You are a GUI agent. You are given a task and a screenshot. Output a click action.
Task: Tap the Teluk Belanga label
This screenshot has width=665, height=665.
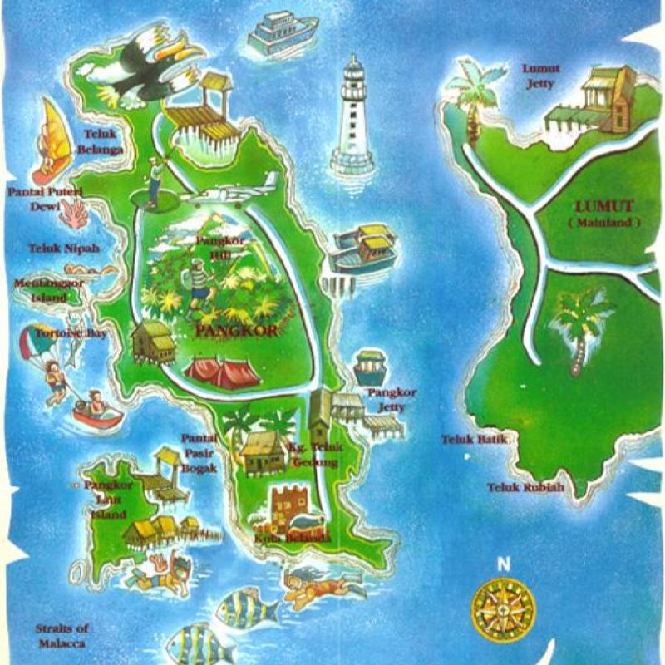(100, 141)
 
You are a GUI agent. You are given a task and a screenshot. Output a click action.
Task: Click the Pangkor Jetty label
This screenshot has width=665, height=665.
(392, 399)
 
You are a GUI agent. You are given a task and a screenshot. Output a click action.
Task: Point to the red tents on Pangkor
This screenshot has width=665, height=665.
(220, 372)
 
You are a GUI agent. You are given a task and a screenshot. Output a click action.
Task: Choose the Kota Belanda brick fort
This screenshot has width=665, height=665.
(289, 507)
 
